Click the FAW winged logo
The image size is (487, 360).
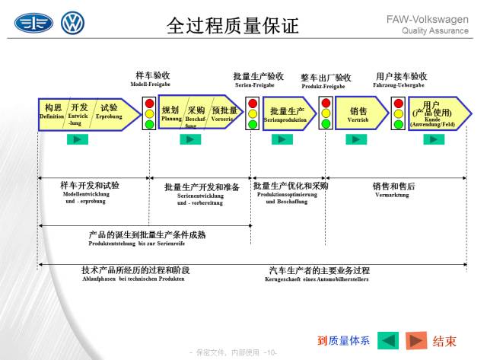[x=34, y=23]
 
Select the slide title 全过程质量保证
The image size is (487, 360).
[x=232, y=26]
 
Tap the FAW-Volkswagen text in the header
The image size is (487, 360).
[x=442, y=18]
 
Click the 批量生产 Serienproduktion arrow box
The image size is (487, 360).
[x=288, y=114]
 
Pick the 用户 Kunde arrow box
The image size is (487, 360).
[x=434, y=113]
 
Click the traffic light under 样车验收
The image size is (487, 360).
[x=149, y=113]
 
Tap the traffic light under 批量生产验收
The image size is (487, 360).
[x=252, y=113]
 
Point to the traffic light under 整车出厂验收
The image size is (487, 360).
[x=326, y=113]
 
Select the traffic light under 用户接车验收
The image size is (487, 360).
[x=396, y=113]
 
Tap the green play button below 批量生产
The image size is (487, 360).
[x=282, y=139]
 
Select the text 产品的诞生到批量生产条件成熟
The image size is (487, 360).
[x=147, y=234]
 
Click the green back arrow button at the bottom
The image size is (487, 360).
[x=388, y=340]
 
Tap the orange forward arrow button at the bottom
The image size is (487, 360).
[x=415, y=340]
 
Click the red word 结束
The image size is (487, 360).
[x=445, y=340]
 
